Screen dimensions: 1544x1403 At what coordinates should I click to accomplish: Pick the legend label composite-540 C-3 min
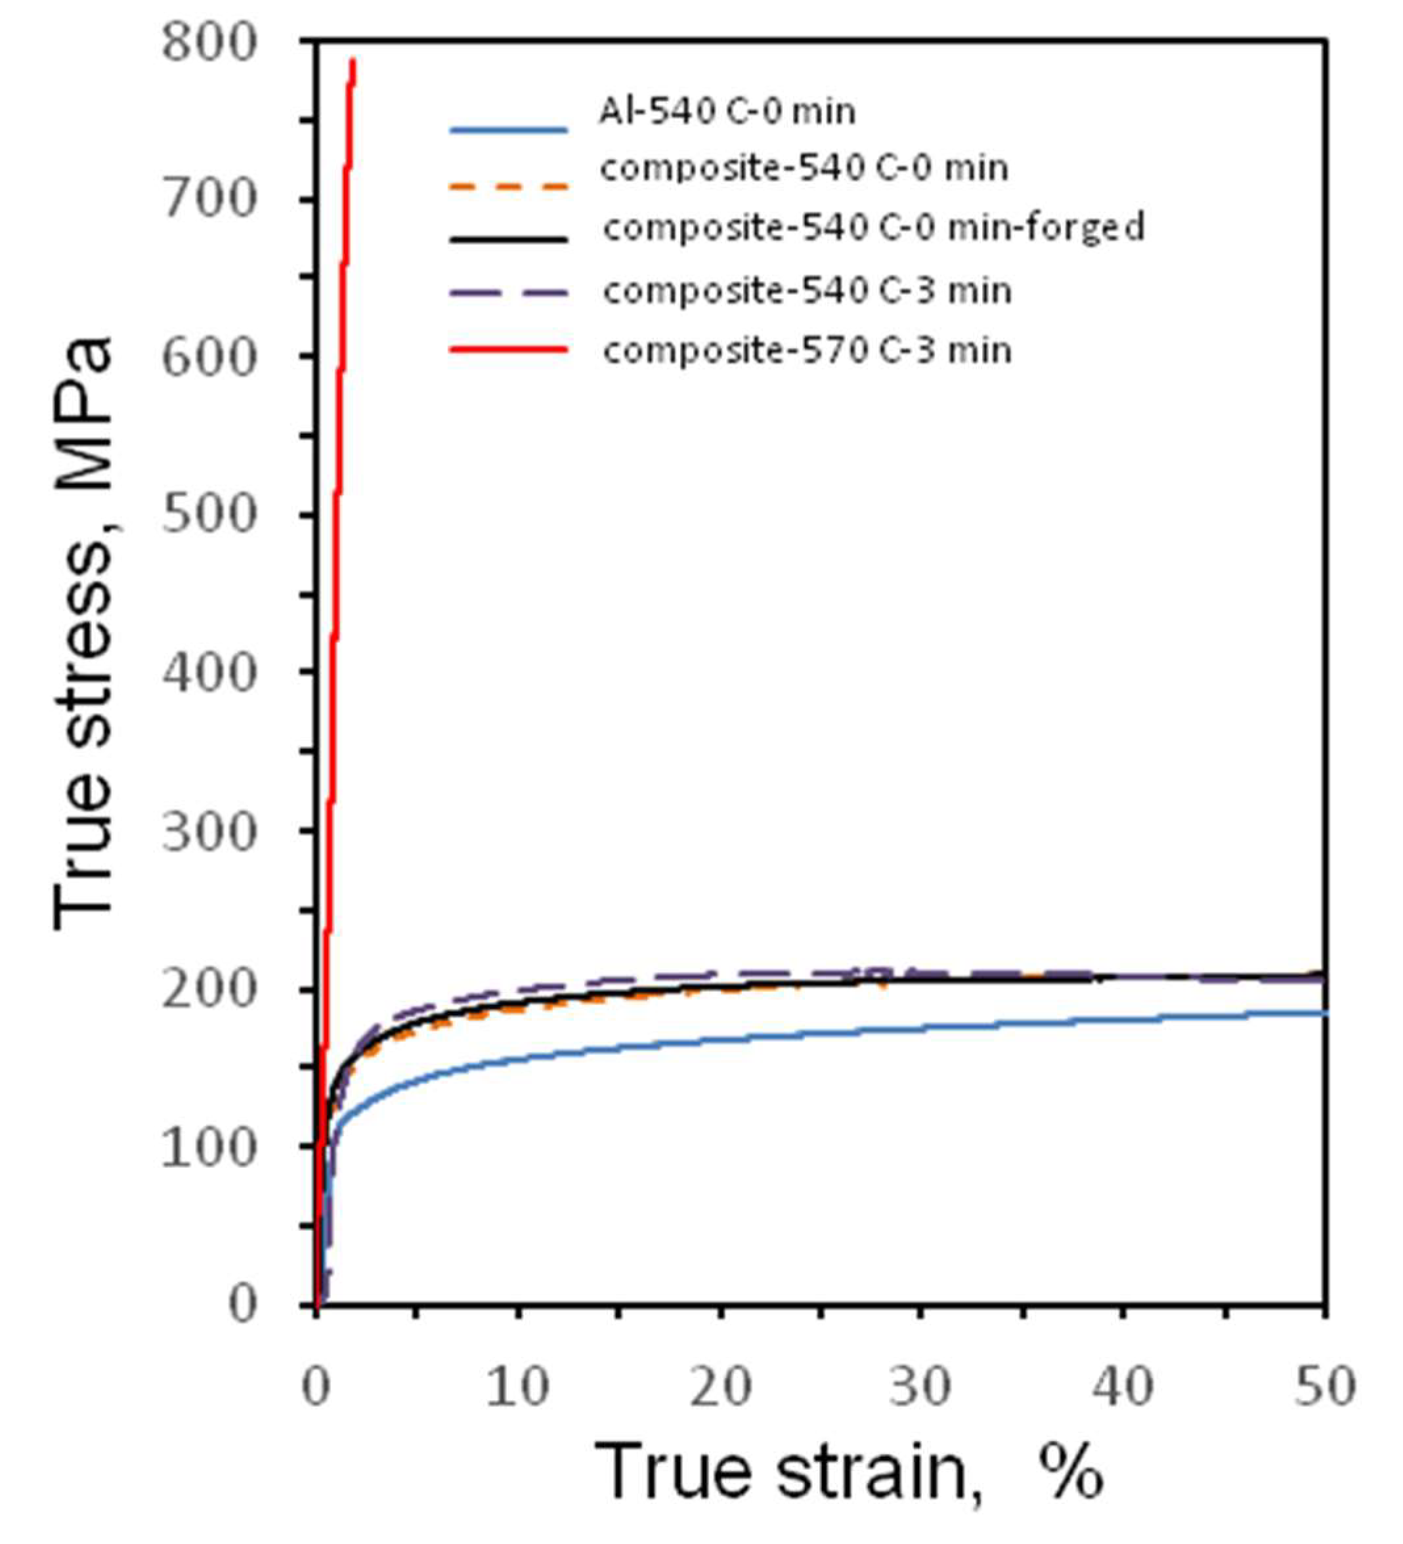click(807, 291)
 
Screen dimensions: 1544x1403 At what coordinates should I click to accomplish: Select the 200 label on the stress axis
click(207, 989)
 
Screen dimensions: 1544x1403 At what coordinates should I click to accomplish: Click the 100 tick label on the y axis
click(207, 1146)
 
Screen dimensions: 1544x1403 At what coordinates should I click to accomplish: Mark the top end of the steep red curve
click(353, 60)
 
